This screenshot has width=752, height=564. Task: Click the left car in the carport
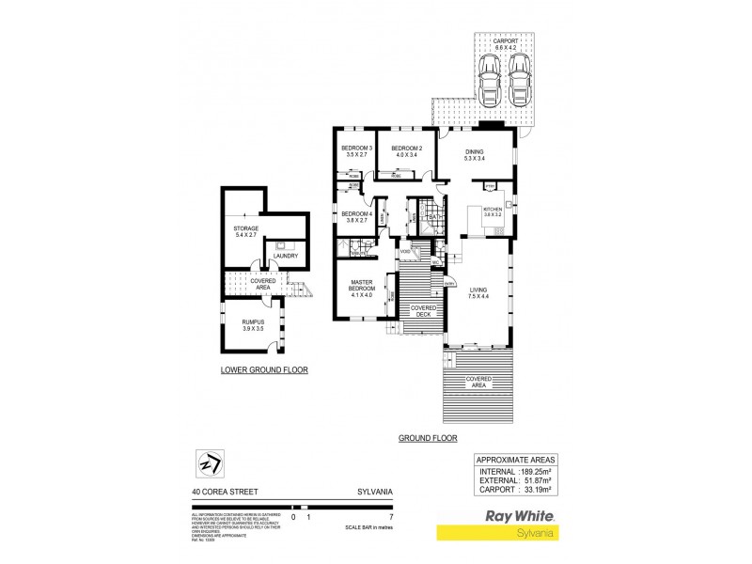[x=488, y=79]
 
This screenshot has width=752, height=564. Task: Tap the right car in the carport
[x=520, y=79]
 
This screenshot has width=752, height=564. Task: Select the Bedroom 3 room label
[x=357, y=152]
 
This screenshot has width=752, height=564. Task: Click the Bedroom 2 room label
[x=407, y=152]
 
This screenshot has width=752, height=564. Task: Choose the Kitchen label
[x=493, y=212]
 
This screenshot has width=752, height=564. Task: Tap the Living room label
[x=478, y=292]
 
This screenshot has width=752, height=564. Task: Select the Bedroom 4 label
[x=357, y=217]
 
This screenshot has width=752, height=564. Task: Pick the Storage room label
[x=246, y=231]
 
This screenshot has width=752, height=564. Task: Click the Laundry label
[x=285, y=256]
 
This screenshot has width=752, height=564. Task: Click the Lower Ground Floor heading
[x=264, y=369]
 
